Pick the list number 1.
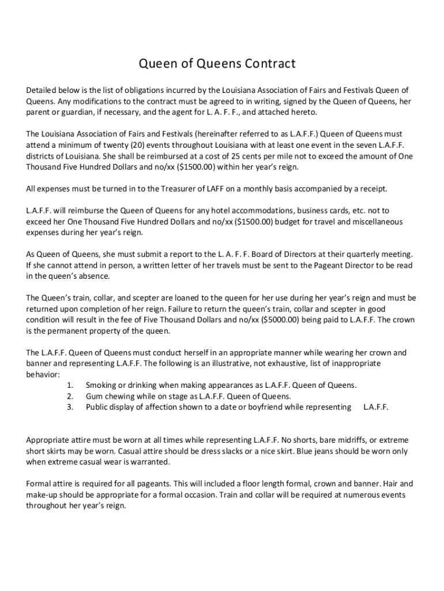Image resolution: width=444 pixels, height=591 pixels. click(x=70, y=385)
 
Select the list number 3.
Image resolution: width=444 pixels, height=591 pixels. click(x=70, y=407)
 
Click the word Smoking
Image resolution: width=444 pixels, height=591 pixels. click(x=101, y=385)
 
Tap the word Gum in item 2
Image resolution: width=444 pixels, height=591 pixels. click(x=93, y=396)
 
